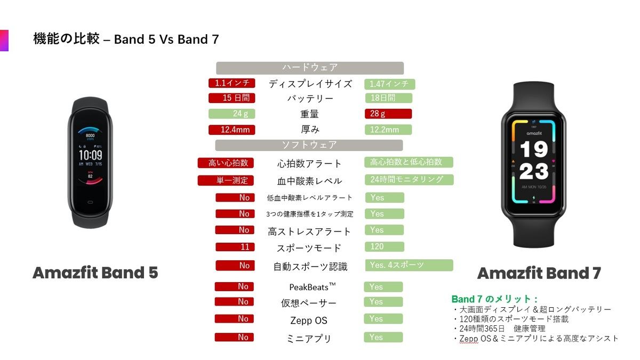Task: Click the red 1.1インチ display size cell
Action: (x=231, y=83)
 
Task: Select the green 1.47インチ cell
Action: (x=390, y=84)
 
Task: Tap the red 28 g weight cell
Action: (x=388, y=114)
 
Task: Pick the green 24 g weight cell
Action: (x=231, y=114)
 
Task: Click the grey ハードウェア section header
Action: (x=310, y=68)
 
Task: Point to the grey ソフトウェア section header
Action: (x=309, y=145)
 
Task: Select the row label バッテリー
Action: (x=310, y=99)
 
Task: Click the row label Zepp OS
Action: (x=309, y=321)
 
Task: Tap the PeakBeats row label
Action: (x=313, y=287)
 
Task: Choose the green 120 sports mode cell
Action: (x=385, y=247)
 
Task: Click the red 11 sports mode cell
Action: (x=235, y=247)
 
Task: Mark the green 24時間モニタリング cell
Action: (x=409, y=180)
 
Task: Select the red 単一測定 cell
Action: (x=226, y=181)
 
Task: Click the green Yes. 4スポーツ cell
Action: (x=409, y=265)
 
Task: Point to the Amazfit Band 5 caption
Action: (x=95, y=273)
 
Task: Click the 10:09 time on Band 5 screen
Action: (x=91, y=155)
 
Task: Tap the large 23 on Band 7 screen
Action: (x=534, y=171)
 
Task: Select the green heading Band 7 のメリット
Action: (x=494, y=299)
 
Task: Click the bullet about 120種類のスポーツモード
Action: (x=511, y=319)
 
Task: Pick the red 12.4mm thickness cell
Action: (x=231, y=130)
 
